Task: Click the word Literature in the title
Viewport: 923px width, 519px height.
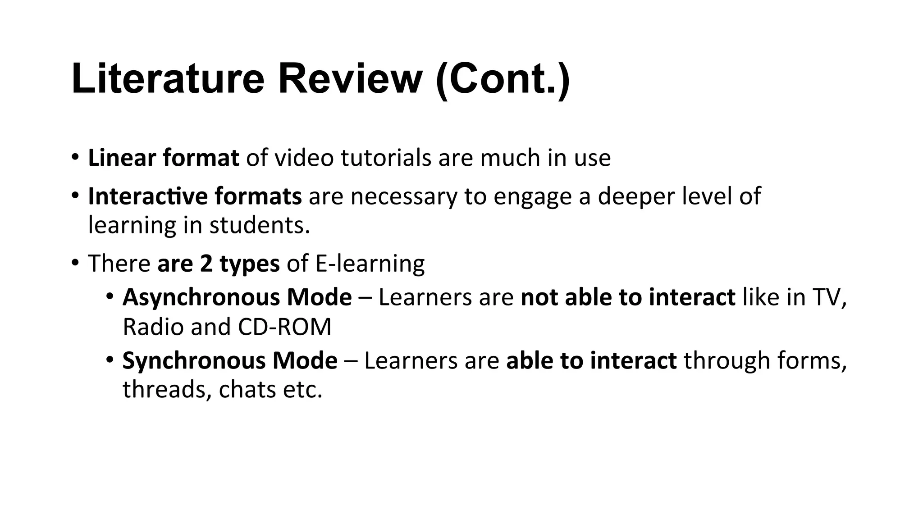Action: tap(168, 79)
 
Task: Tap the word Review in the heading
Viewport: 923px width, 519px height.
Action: tap(350, 79)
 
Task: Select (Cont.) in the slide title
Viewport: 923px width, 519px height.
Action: tap(503, 80)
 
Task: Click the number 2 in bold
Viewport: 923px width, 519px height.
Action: tap(206, 263)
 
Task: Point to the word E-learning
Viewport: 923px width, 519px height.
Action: tap(370, 264)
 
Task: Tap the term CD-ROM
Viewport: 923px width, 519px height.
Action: tap(284, 327)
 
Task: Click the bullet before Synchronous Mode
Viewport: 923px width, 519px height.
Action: tap(110, 360)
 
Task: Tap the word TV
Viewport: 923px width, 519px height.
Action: tap(829, 297)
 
